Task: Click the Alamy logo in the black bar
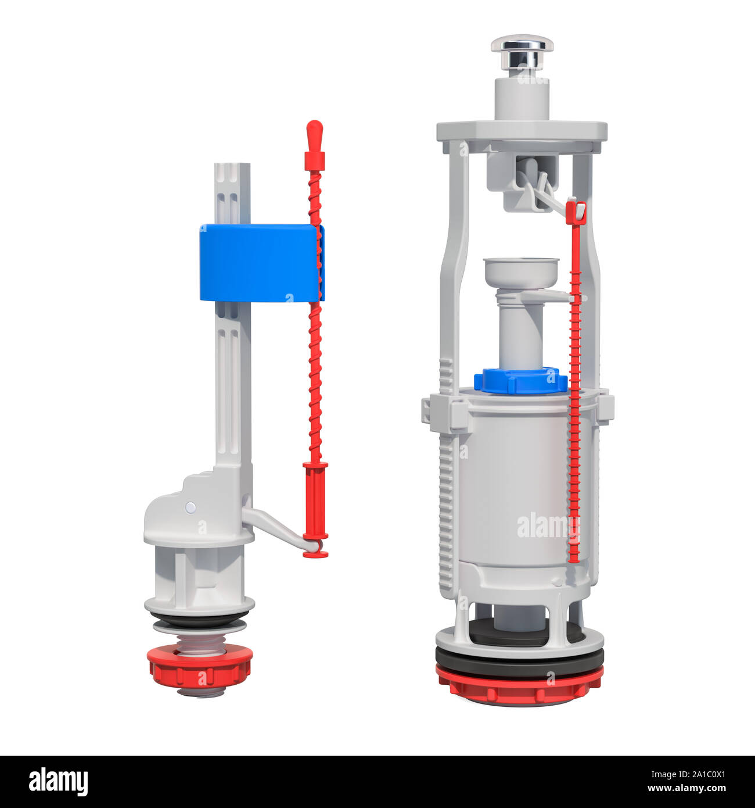click(58, 782)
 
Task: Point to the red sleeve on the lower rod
click(315, 488)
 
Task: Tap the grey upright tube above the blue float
click(232, 192)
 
